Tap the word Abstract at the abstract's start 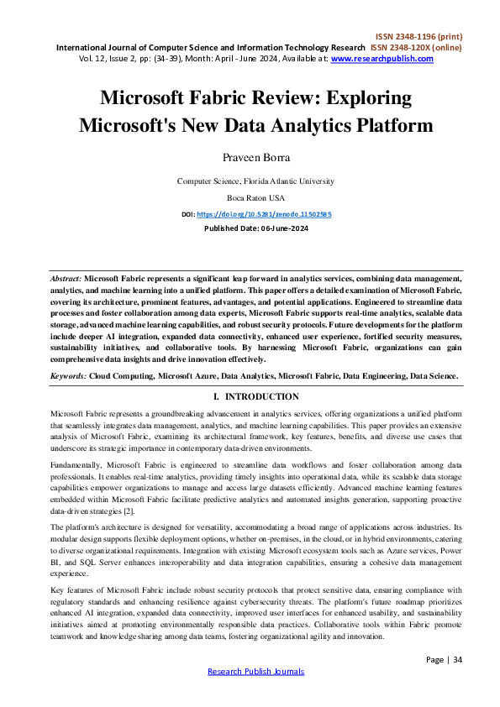66,277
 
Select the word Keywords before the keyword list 68,376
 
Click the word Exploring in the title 370,98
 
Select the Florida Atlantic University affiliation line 255,181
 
